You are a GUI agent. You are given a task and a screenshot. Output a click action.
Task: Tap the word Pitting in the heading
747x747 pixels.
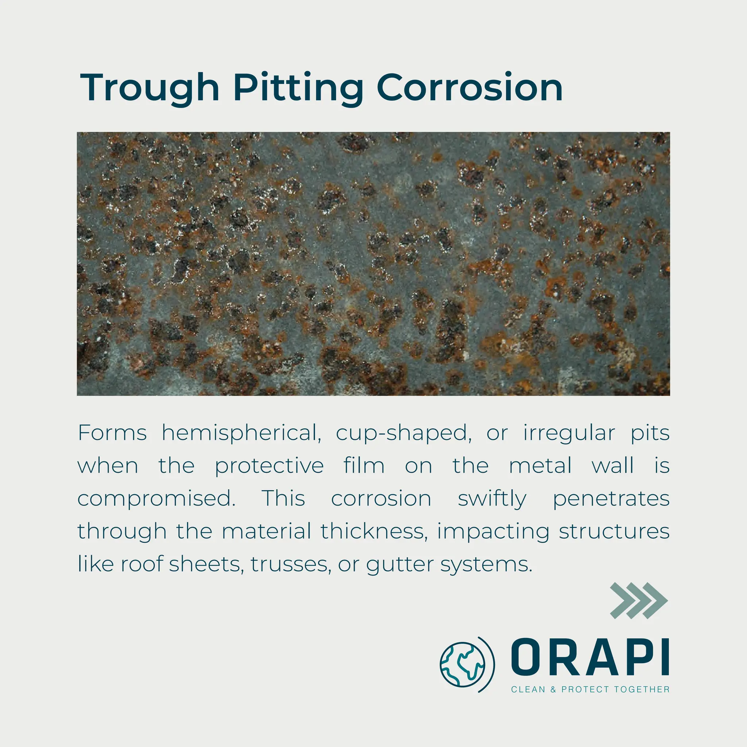click(x=298, y=88)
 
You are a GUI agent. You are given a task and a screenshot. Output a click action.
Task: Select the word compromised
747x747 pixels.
click(x=156, y=499)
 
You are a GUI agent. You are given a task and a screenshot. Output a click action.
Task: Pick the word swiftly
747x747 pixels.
click(x=492, y=499)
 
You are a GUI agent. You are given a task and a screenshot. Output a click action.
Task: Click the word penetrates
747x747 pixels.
click(x=611, y=499)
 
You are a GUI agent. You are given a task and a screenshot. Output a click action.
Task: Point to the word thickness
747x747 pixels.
click(x=374, y=531)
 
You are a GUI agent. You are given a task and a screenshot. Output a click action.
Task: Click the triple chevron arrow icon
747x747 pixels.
click(x=638, y=600)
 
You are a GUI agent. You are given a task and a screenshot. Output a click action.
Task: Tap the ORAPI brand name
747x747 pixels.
click(x=590, y=657)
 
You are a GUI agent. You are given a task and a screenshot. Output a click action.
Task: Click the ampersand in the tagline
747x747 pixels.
click(x=553, y=689)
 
